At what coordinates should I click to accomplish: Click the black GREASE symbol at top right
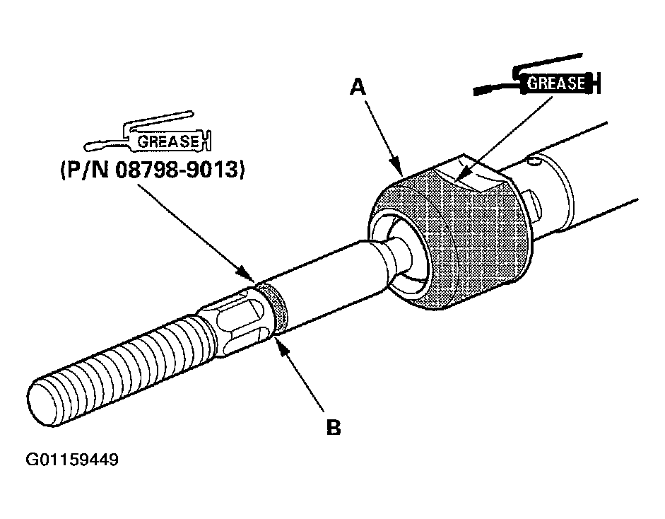pyautogui.click(x=556, y=83)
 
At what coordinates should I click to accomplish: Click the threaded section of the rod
pyautogui.click(x=120, y=368)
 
